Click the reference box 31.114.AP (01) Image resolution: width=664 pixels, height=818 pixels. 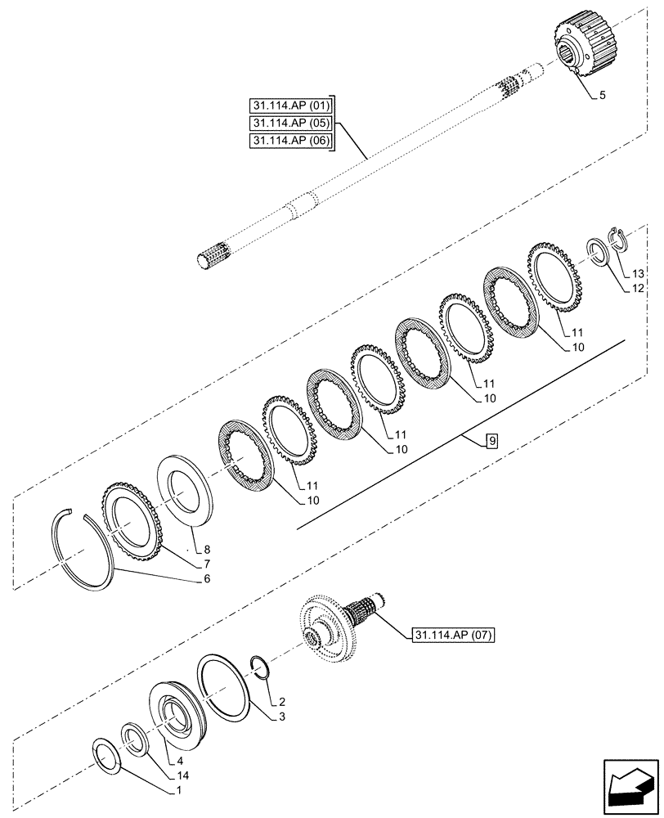pyautogui.click(x=293, y=106)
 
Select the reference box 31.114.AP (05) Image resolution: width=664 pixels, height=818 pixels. pyautogui.click(x=293, y=123)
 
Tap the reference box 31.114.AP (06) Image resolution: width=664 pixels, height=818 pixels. pyautogui.click(x=293, y=140)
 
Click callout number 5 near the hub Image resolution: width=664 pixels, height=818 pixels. pyautogui.click(x=602, y=96)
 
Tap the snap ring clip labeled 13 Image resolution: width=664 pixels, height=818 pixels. pyautogui.click(x=619, y=239)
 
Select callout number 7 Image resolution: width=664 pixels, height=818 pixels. pyautogui.click(x=207, y=564)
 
